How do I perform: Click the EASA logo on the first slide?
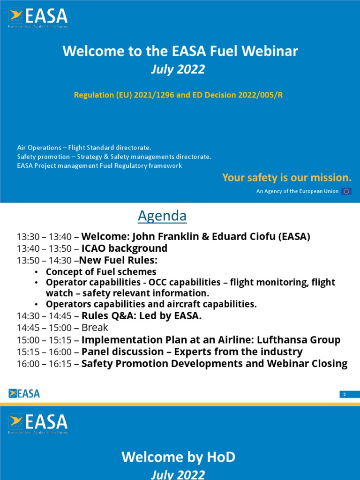38,19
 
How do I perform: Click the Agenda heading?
162,216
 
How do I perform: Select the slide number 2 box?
345,395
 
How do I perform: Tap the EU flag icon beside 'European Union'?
346,191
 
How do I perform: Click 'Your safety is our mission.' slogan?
286,178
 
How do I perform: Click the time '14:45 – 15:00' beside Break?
45,328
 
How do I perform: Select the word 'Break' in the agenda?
95,328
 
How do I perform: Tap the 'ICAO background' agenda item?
124,248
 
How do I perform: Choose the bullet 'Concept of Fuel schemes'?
101,272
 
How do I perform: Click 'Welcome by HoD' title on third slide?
178,457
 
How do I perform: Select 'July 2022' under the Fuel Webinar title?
178,69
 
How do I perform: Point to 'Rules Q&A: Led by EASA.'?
141,316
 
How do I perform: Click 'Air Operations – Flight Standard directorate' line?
84,148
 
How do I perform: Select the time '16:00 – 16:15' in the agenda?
45,364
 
